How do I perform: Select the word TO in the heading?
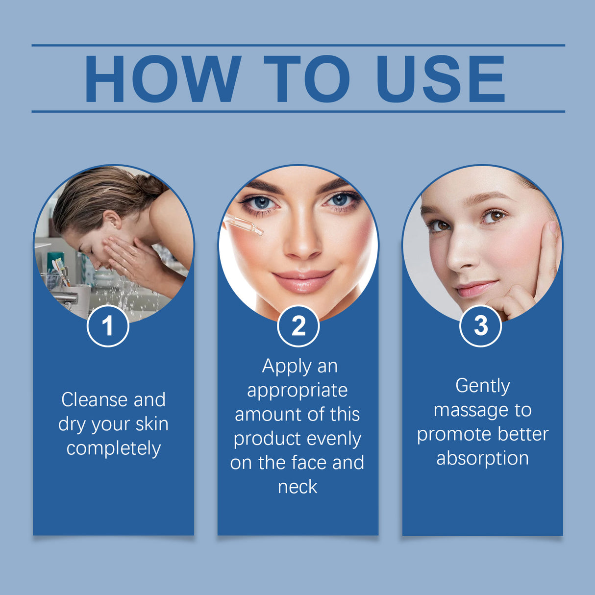[307, 79]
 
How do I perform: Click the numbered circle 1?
[108, 326]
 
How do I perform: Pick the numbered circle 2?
[298, 326]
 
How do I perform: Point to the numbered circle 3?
[481, 326]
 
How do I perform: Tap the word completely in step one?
[114, 448]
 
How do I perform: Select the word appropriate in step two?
[297, 391]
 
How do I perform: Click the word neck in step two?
[297, 487]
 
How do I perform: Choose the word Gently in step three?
[483, 386]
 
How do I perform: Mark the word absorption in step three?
[483, 458]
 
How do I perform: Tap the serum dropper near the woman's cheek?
[243, 225]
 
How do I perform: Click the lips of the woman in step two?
[302, 281]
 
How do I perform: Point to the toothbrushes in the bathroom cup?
[60, 269]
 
